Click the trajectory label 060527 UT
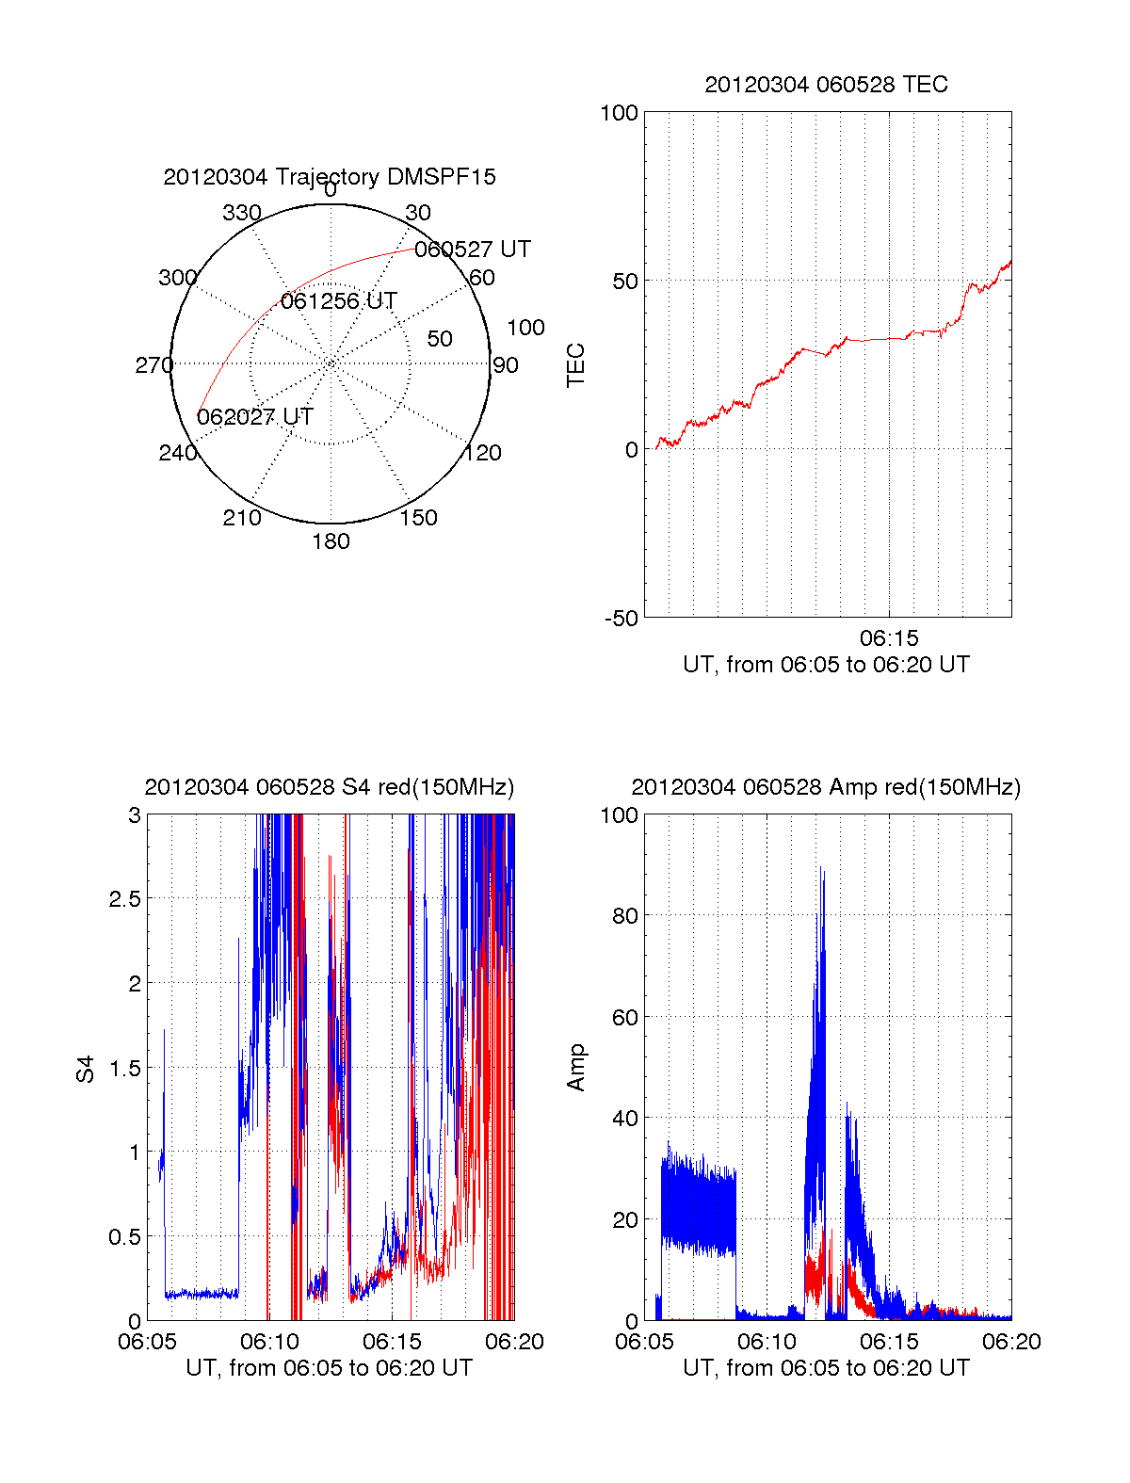coord(472,250)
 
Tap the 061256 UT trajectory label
coord(339,301)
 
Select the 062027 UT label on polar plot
coord(255,417)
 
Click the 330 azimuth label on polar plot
coord(242,213)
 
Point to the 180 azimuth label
coord(331,541)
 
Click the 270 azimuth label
coord(153,365)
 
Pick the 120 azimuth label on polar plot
coord(483,453)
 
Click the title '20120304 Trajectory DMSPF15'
coord(330,177)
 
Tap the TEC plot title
coord(826,85)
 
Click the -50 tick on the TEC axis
coord(621,619)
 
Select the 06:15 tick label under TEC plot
coord(889,638)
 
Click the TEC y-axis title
coord(575,365)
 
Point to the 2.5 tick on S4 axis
coord(125,899)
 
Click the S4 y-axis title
coord(86,1069)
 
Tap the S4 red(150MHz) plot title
coord(330,787)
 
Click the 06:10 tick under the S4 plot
coord(269,1342)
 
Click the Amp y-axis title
coord(575,1068)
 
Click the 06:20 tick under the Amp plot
coord(1011,1342)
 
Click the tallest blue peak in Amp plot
coord(821,871)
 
